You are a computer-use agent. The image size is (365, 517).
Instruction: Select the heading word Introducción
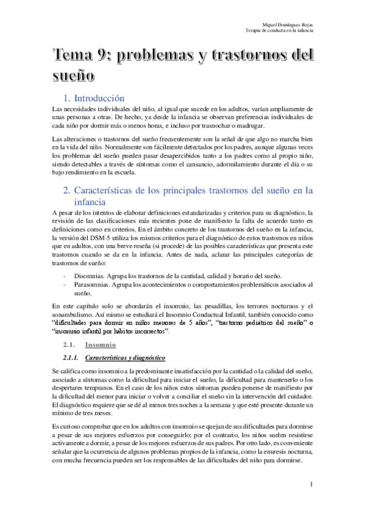pos(101,98)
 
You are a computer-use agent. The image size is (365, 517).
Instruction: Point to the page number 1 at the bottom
pos(311,484)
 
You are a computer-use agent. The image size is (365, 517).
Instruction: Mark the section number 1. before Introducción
pos(68,98)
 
